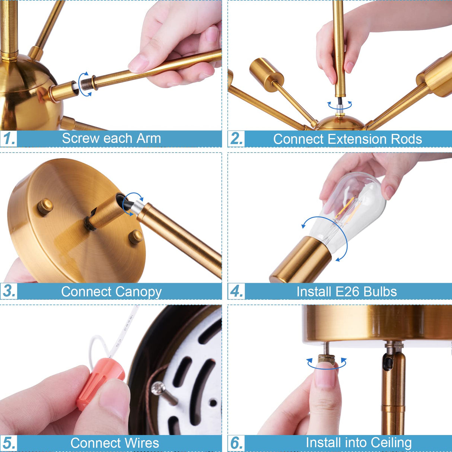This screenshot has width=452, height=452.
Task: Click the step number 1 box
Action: point(9,139)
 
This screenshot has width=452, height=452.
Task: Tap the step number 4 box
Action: point(236,292)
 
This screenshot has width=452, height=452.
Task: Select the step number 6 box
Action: point(236,443)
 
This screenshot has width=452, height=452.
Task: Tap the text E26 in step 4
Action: point(347,292)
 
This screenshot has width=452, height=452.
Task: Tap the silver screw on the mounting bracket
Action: point(164,391)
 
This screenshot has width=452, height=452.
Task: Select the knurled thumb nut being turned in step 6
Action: point(326,360)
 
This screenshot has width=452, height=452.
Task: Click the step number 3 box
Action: point(9,291)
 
